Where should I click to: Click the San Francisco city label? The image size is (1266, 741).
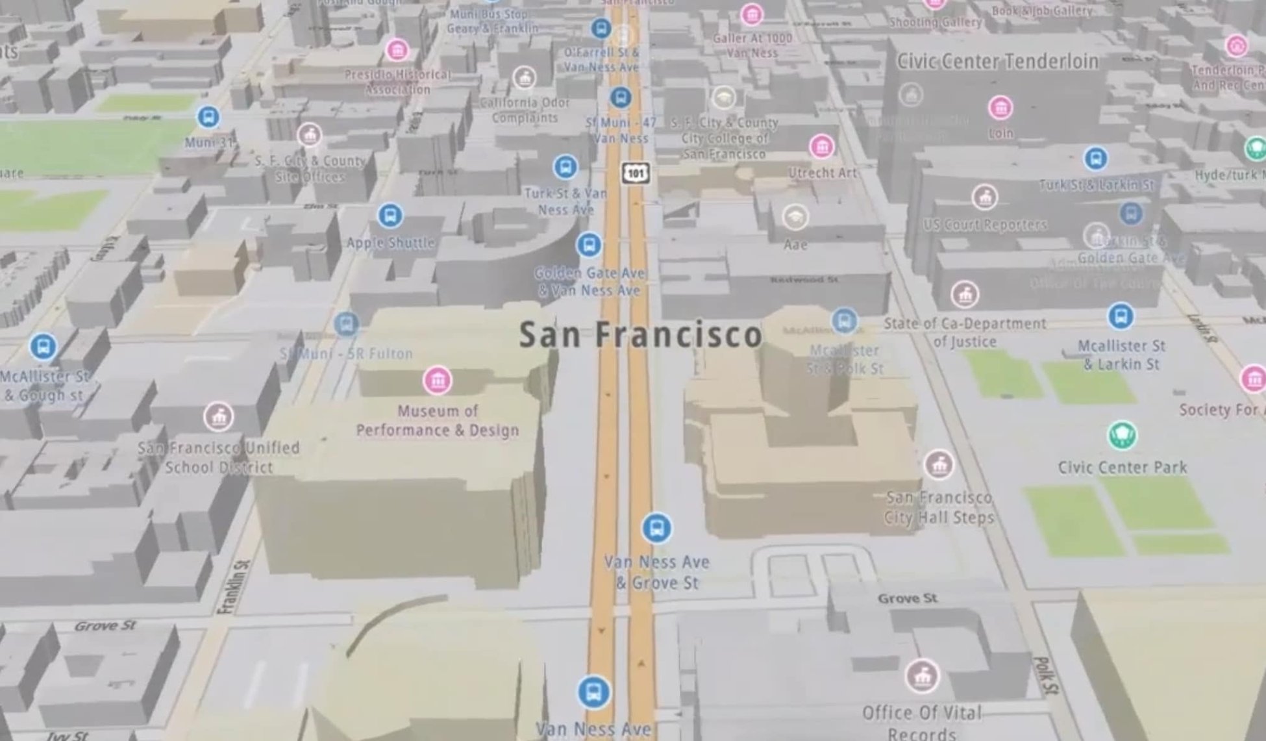(640, 334)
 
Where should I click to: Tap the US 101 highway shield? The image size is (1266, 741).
(635, 173)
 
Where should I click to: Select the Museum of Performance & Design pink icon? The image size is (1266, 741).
(437, 381)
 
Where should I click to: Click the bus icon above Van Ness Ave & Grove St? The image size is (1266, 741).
(656, 529)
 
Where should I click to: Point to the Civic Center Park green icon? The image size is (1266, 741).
(1122, 435)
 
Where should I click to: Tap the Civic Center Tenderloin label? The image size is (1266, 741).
(997, 62)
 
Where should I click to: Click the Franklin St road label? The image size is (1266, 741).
(234, 587)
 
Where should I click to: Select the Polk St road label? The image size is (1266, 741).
(1045, 675)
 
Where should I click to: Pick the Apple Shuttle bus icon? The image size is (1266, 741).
(390, 215)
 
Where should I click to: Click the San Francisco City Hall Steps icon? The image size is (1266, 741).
(938, 464)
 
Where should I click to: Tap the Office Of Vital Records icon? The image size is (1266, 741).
(921, 676)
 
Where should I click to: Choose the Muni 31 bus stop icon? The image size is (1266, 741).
(208, 117)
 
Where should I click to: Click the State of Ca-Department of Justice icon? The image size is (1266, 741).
(965, 295)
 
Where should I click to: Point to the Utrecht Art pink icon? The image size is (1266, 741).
(822, 147)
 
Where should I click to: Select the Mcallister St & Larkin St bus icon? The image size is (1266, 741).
(1121, 316)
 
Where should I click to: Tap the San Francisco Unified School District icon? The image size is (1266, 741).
(219, 417)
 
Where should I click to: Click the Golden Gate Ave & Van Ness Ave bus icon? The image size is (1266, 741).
(589, 245)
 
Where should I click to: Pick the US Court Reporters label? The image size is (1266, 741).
(985, 225)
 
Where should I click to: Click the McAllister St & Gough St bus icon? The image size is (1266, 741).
(43, 346)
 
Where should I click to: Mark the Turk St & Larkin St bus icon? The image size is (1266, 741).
(1096, 158)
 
